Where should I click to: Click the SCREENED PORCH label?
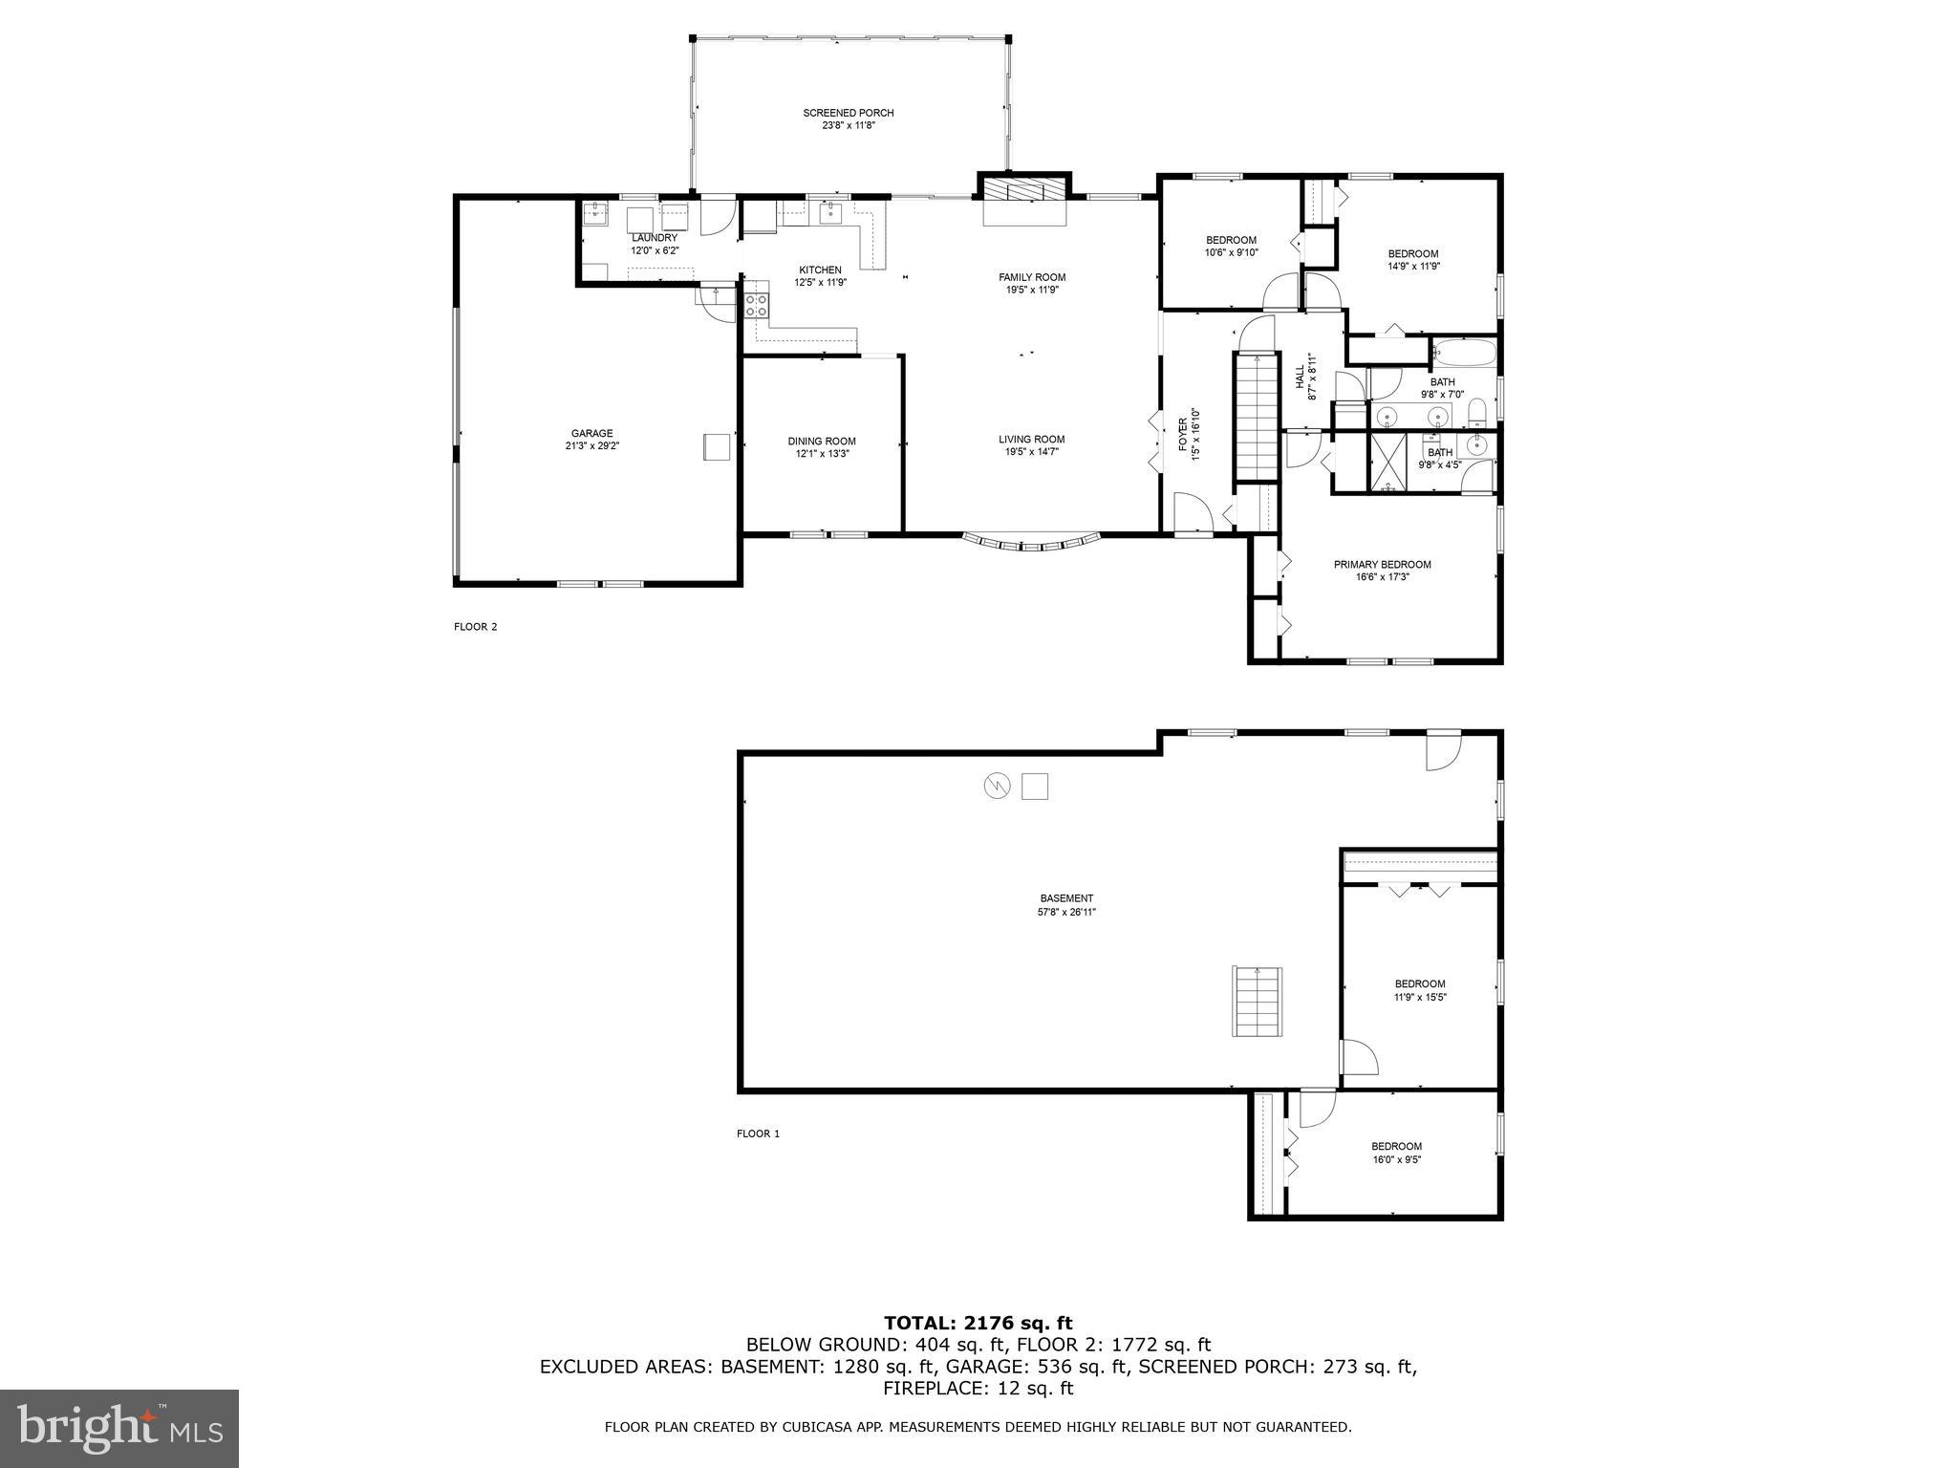pos(848,113)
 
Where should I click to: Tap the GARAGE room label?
pos(592,433)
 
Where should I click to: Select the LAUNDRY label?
pos(655,238)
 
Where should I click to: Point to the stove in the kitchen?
pos(757,306)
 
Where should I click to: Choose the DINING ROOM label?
pos(822,442)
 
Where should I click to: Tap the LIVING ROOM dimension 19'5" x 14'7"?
pos(1032,453)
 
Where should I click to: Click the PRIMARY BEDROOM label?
pos(1382,565)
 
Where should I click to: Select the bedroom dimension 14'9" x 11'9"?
pos(1413,267)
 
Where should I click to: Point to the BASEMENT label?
pos(1066,898)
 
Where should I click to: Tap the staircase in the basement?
pos(1257,1002)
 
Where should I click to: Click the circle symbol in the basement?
pos(997,786)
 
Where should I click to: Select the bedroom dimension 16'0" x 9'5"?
pos(1396,1159)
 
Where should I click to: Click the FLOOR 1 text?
pos(758,1133)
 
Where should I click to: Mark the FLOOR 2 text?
pos(475,627)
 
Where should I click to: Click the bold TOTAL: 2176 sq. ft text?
pos(978,1324)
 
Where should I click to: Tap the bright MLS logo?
pos(118,1428)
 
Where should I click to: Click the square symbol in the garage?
pos(716,446)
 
